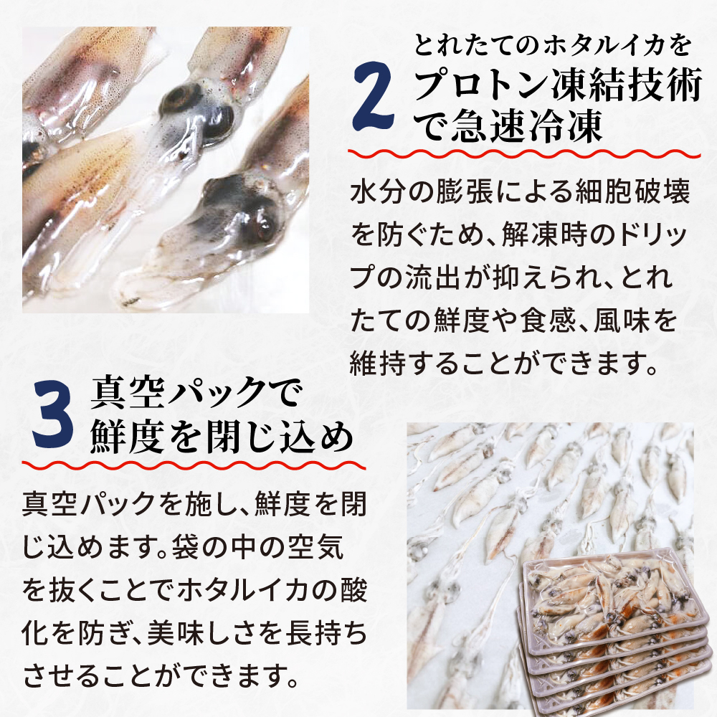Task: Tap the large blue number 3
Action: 54,419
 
